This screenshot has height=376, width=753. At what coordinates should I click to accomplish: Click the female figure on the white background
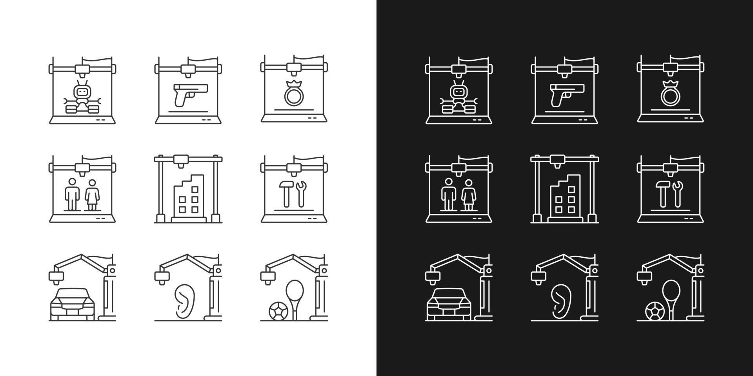92,195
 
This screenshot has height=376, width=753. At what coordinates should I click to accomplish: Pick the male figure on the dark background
448,195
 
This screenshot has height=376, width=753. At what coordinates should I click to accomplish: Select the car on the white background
73,304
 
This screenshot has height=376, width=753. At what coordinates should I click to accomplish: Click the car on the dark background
449,304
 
